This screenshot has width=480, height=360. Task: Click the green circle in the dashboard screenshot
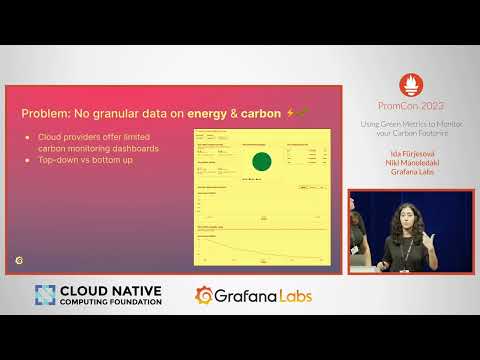click(x=262, y=162)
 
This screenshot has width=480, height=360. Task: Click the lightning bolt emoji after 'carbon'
click(x=290, y=114)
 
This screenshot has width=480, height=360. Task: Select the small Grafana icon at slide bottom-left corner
click(x=21, y=259)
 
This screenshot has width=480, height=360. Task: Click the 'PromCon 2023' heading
click(x=404, y=105)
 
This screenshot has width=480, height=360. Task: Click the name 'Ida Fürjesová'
click(x=404, y=151)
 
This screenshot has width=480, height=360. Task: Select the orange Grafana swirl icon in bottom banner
click(x=205, y=296)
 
